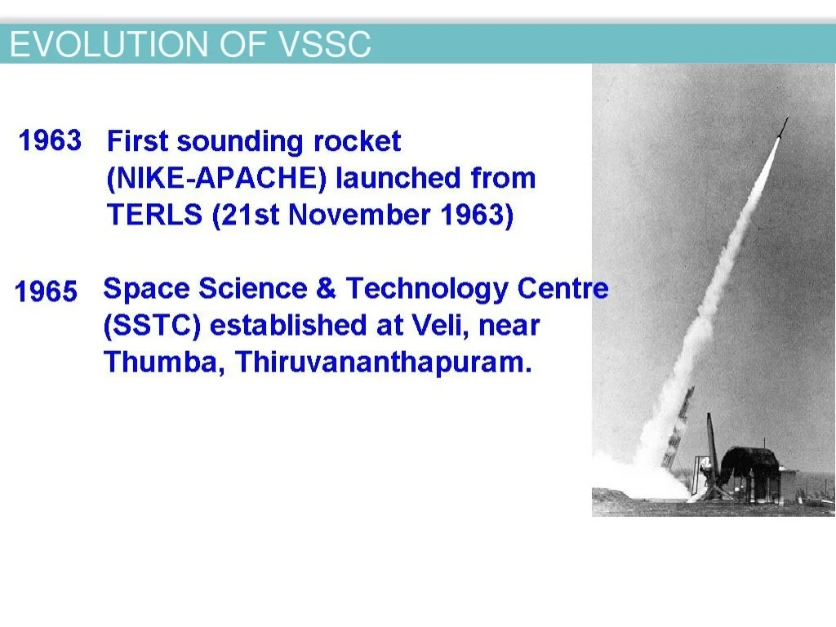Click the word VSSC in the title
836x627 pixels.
click(324, 44)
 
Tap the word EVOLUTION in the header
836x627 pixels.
click(109, 44)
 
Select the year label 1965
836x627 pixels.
click(46, 291)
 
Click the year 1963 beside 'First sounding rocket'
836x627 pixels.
click(50, 140)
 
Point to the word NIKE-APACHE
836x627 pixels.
click(216, 177)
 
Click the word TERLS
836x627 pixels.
click(154, 215)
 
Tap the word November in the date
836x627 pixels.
click(359, 215)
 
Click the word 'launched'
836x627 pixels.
click(398, 177)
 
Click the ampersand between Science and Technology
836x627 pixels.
click(327, 288)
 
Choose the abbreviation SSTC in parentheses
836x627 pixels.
click(152, 325)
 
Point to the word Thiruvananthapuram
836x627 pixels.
click(384, 362)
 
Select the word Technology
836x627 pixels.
click(427, 289)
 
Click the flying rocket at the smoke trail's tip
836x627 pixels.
click(781, 128)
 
